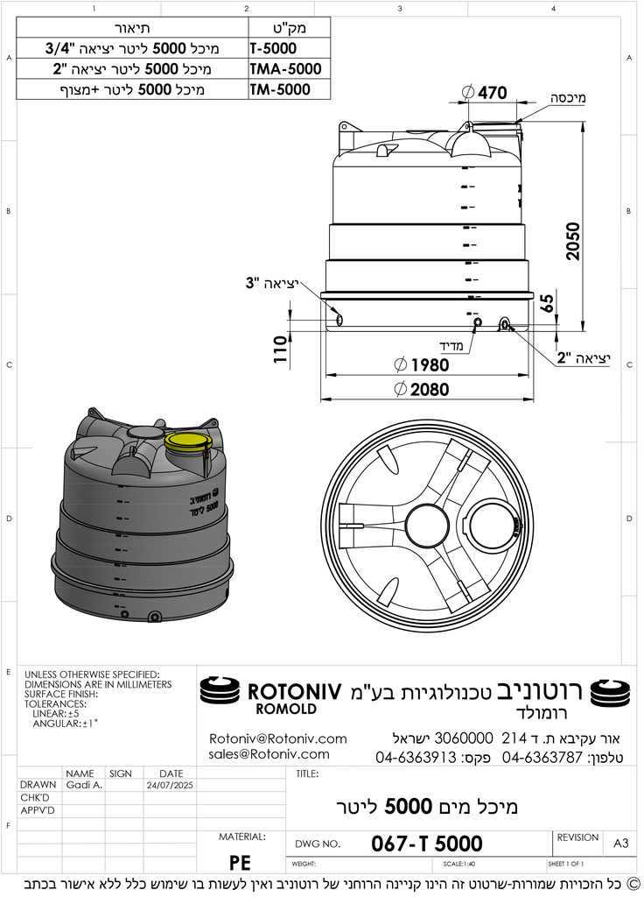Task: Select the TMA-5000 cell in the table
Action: [x=284, y=68]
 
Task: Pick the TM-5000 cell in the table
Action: [x=279, y=89]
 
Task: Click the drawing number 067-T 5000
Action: [x=426, y=844]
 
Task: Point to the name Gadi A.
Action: [x=84, y=786]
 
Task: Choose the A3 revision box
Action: [x=620, y=843]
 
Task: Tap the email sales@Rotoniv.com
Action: [x=269, y=754]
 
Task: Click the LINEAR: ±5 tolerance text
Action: [x=61, y=714]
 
